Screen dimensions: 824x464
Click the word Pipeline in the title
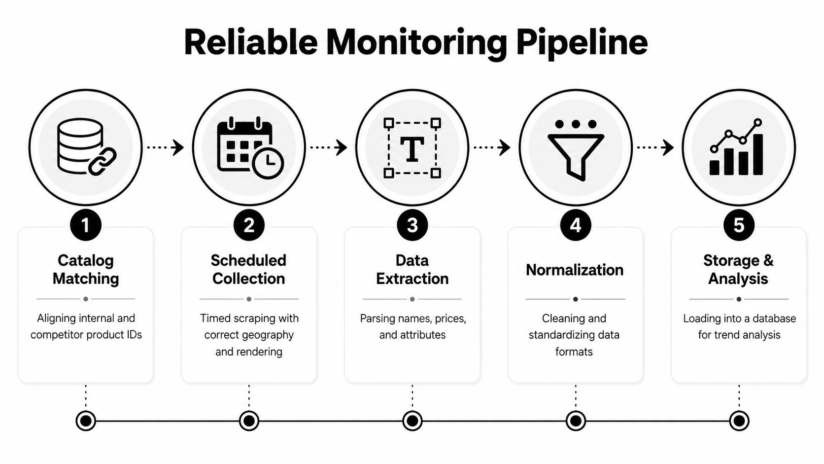[x=582, y=43]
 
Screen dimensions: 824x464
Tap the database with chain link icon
[x=86, y=147]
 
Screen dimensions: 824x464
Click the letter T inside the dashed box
[x=412, y=149]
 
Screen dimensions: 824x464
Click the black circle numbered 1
[x=86, y=225]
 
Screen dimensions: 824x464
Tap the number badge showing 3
[x=412, y=225]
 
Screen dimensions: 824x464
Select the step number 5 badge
[x=739, y=225]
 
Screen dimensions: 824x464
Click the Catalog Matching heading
[x=86, y=269]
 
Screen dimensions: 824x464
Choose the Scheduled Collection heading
[x=249, y=269]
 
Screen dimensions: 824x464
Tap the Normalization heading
[x=575, y=270]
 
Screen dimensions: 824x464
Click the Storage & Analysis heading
[x=738, y=269]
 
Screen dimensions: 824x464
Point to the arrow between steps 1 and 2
[x=165, y=147]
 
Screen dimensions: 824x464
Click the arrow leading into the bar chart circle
[x=655, y=147]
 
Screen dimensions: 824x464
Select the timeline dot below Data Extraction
[x=412, y=421]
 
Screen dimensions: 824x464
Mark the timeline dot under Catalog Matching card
[x=86, y=421]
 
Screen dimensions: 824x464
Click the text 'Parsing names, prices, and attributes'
[x=412, y=326]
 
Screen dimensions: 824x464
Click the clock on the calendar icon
[x=268, y=163]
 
